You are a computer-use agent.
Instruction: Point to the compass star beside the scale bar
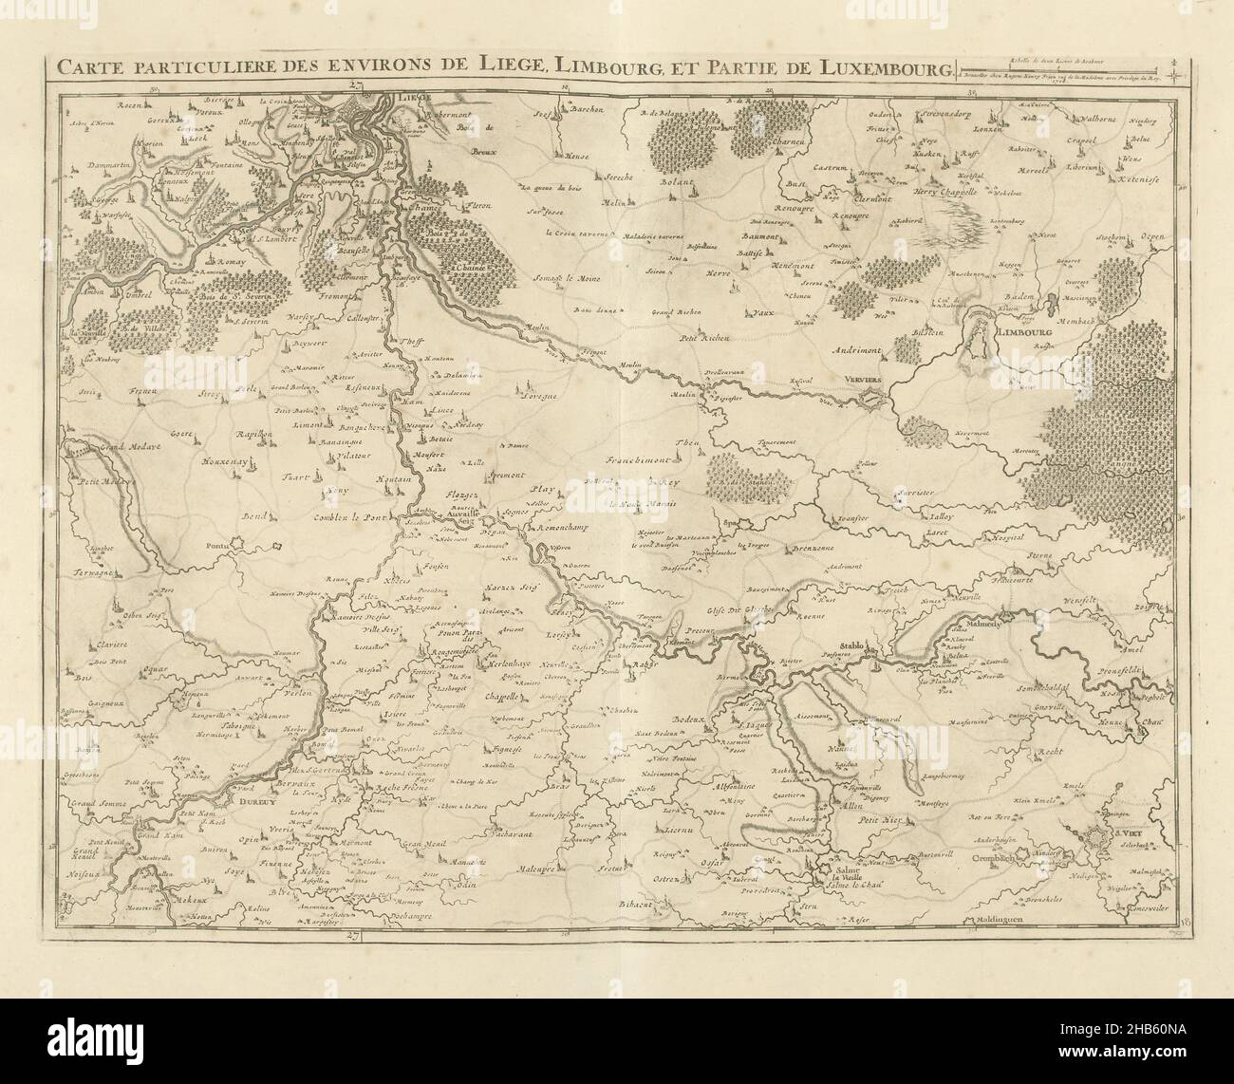point(1174,69)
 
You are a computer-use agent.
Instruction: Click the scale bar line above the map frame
point(1063,67)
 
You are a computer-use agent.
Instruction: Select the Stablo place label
point(851,646)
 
